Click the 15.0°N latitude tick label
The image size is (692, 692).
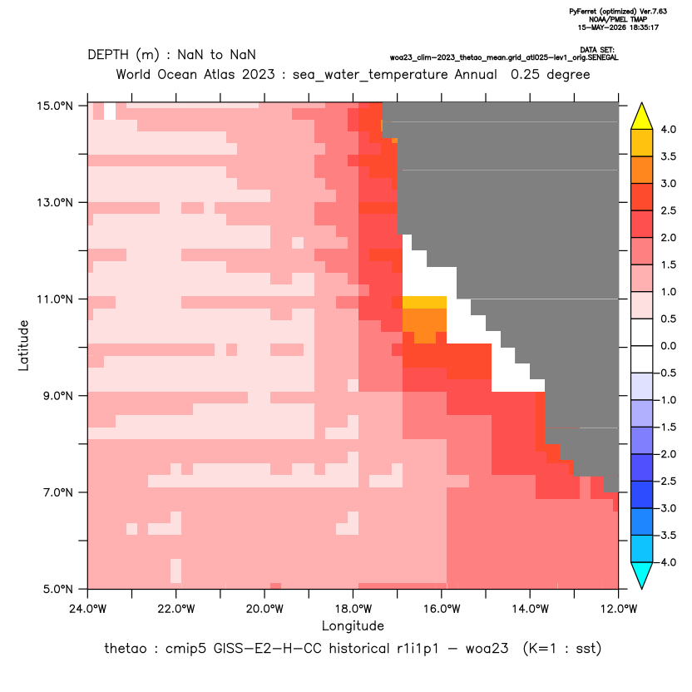tap(55, 106)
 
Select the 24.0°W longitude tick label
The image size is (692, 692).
tap(88, 609)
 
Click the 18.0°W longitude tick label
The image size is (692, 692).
tap(353, 609)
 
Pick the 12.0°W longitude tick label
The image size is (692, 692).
tap(619, 609)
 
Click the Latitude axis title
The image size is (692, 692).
tap(23, 345)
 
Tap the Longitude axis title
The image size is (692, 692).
tap(353, 625)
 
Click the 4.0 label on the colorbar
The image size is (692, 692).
tap(668, 129)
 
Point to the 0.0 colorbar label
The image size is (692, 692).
tap(668, 346)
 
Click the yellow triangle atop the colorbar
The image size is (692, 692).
tap(642, 117)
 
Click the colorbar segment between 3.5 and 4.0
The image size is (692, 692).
tap(642, 143)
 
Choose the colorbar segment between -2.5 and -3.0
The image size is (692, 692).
tap(642, 495)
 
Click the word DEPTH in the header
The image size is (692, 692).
tap(108, 55)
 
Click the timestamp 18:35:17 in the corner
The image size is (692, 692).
tap(642, 27)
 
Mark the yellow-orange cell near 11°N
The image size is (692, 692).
tap(424, 303)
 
